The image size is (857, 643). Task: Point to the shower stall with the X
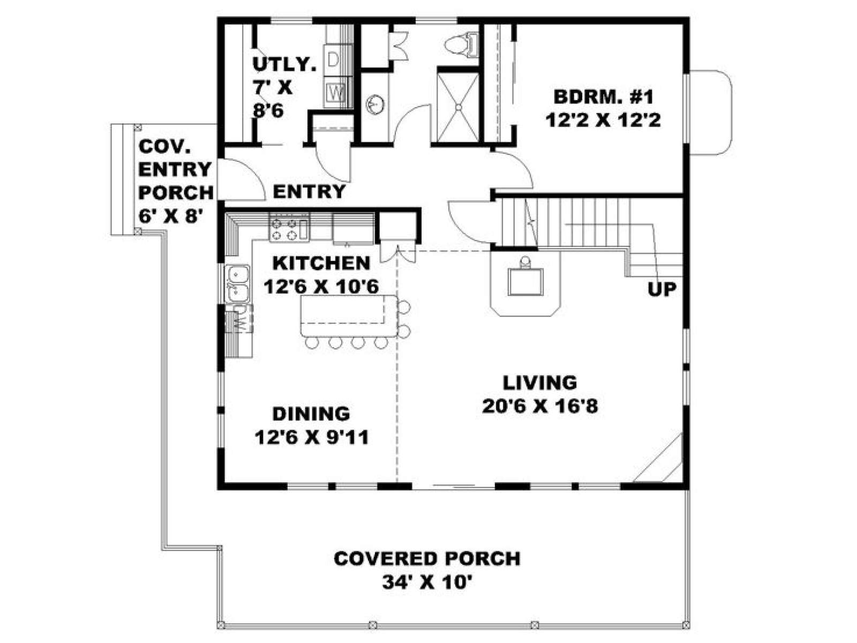(458, 107)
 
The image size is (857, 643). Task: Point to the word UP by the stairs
(662, 289)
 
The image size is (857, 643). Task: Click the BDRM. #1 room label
(603, 97)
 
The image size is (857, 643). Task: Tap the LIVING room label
(539, 383)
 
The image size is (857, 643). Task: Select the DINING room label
(311, 414)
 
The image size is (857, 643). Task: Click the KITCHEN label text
(321, 263)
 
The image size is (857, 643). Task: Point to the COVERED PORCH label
(427, 559)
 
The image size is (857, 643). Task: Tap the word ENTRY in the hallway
(309, 192)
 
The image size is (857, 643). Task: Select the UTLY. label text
(284, 64)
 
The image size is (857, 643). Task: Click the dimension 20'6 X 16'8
(540, 406)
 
